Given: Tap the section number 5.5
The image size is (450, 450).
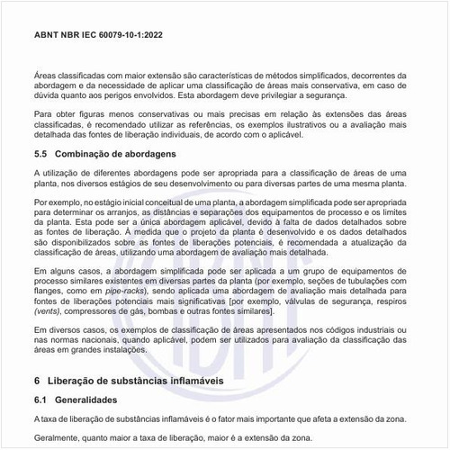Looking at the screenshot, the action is click(42, 154).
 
